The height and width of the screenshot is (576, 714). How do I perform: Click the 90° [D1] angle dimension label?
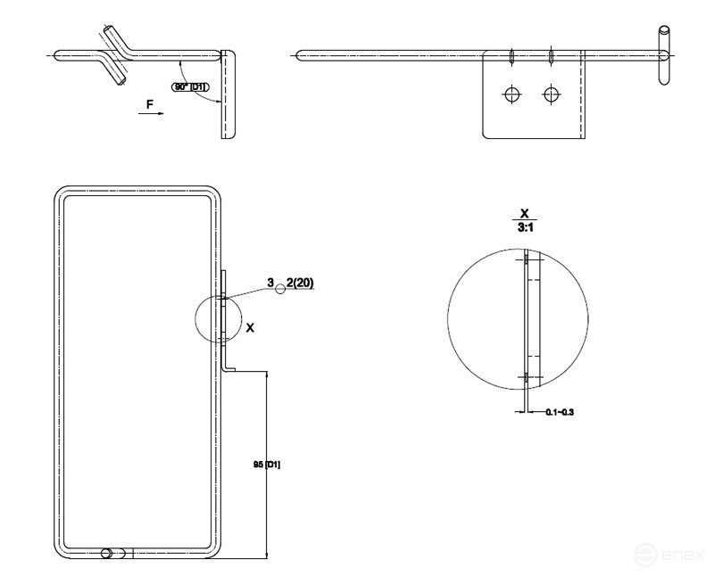click(191, 86)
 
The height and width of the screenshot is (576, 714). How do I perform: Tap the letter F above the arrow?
click(150, 104)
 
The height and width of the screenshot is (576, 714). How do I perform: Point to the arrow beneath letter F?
click(152, 114)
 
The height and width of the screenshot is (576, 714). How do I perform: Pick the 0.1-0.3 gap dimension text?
click(560, 412)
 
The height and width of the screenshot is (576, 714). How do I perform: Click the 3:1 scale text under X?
click(525, 228)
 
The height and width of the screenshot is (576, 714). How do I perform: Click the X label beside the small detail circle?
click(250, 328)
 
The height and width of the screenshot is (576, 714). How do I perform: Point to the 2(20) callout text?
click(300, 283)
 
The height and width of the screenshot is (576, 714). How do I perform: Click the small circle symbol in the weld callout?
click(280, 288)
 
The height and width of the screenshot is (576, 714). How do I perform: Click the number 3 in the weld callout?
click(270, 283)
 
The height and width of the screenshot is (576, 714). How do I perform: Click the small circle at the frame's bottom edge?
click(108, 553)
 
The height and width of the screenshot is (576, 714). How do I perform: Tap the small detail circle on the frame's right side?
click(217, 319)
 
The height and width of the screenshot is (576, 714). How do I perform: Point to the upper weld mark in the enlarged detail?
click(527, 260)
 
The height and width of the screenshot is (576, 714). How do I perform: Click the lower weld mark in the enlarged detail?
click(527, 378)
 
